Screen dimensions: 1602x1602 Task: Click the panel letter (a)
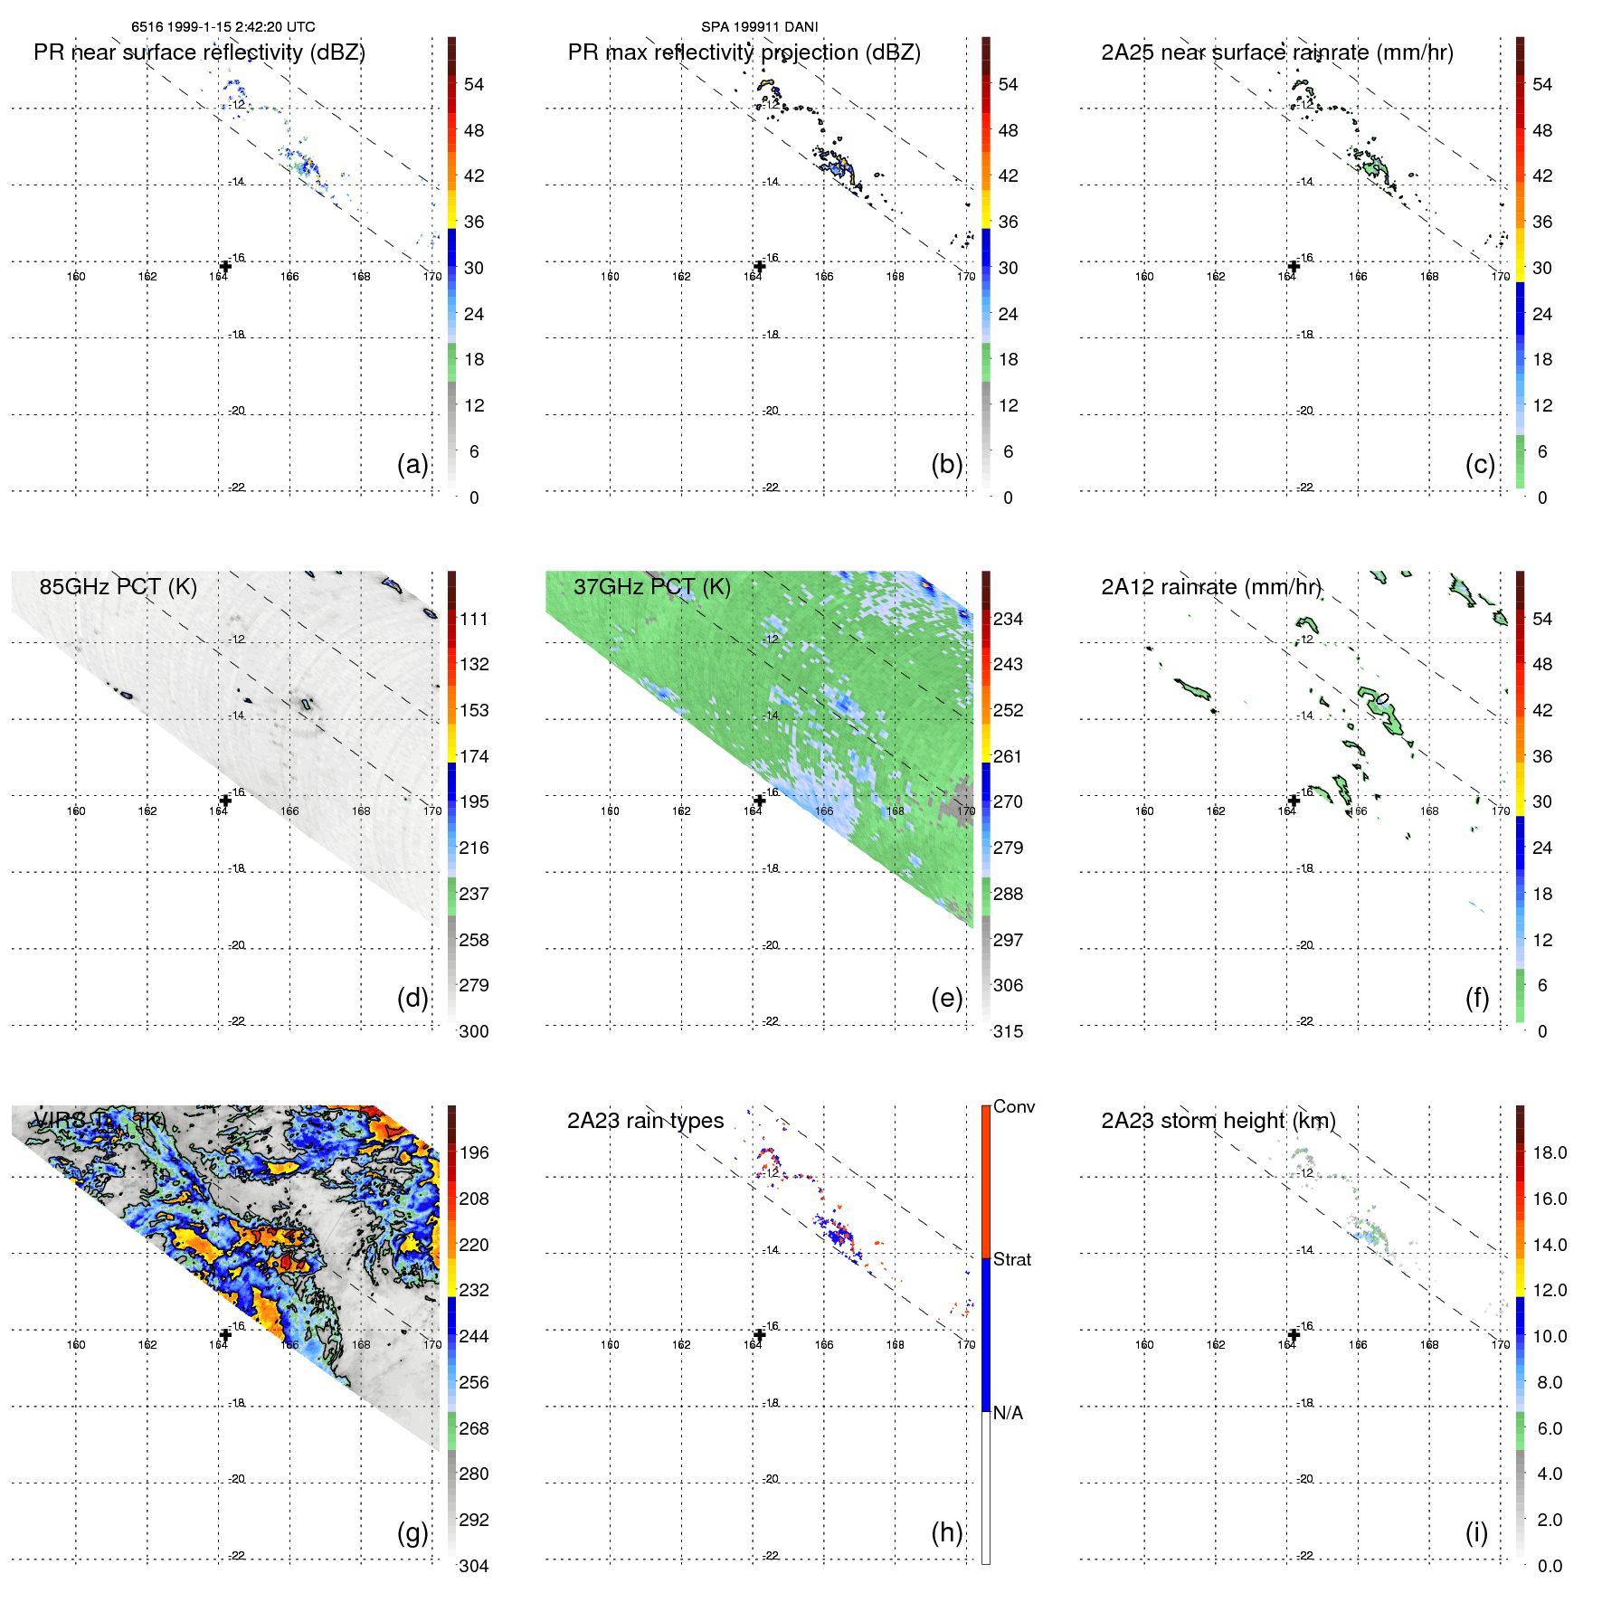click(412, 464)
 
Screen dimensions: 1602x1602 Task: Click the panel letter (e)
click(946, 998)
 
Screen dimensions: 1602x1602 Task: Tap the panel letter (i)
click(1476, 1532)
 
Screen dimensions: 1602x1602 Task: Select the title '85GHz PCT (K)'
click(118, 586)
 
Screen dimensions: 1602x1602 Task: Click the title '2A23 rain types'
click(645, 1121)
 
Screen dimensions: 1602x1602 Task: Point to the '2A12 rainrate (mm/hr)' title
click(1211, 586)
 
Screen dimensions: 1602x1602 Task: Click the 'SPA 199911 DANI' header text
click(759, 27)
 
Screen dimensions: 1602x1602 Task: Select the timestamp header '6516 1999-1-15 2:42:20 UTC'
click(223, 27)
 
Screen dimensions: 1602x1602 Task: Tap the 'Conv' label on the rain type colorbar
click(1013, 1106)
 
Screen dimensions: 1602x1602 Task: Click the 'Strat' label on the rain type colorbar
click(1011, 1259)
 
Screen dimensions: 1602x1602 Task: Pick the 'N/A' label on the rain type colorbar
click(1008, 1413)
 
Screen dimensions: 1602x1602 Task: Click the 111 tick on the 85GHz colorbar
click(474, 619)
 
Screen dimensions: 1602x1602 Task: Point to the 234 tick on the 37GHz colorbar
click(1008, 619)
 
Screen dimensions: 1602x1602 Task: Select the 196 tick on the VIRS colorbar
click(474, 1152)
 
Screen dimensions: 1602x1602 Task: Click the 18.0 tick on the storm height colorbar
click(1549, 1152)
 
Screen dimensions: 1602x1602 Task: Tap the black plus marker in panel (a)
click(225, 266)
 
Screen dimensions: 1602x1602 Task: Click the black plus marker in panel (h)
click(760, 1335)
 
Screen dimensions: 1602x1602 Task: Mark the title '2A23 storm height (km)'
click(1218, 1121)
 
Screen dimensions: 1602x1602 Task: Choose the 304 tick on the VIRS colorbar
click(474, 1566)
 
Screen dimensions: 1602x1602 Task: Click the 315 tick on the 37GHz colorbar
click(1008, 1031)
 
